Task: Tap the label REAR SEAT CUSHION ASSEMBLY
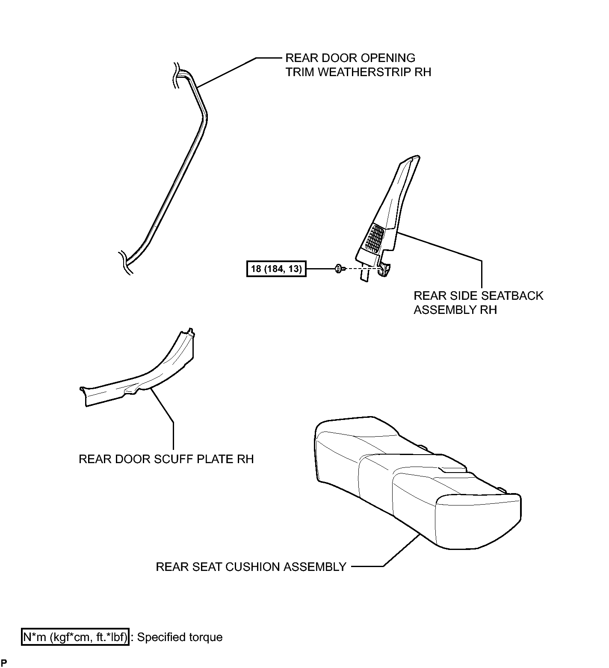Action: [x=251, y=567]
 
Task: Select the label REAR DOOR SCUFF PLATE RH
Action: [x=166, y=459]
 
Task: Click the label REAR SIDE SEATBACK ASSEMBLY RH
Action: [x=478, y=303]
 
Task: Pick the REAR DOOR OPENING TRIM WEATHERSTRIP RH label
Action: [x=358, y=65]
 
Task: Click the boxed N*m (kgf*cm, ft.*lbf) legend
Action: [x=75, y=638]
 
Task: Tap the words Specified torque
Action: [x=180, y=638]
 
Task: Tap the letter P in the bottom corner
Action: [x=4, y=662]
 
